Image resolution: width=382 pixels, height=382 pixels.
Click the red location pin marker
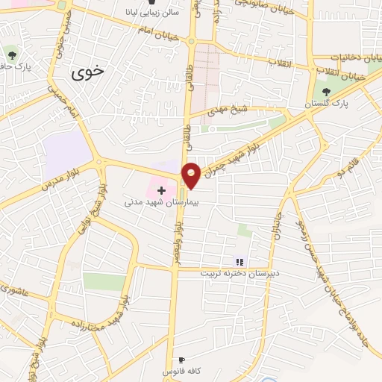tap(192, 175)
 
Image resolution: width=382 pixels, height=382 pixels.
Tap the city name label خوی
tap(90, 73)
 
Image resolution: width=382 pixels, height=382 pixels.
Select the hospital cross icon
tap(161, 190)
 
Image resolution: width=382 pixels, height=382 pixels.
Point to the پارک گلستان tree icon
tap(326, 93)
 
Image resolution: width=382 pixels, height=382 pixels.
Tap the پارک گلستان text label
tap(326, 105)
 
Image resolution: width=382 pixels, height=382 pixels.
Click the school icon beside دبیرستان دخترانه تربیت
tap(239, 261)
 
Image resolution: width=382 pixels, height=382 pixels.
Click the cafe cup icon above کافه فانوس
tap(182, 360)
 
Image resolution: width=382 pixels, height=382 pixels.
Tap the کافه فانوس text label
tap(182, 371)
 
